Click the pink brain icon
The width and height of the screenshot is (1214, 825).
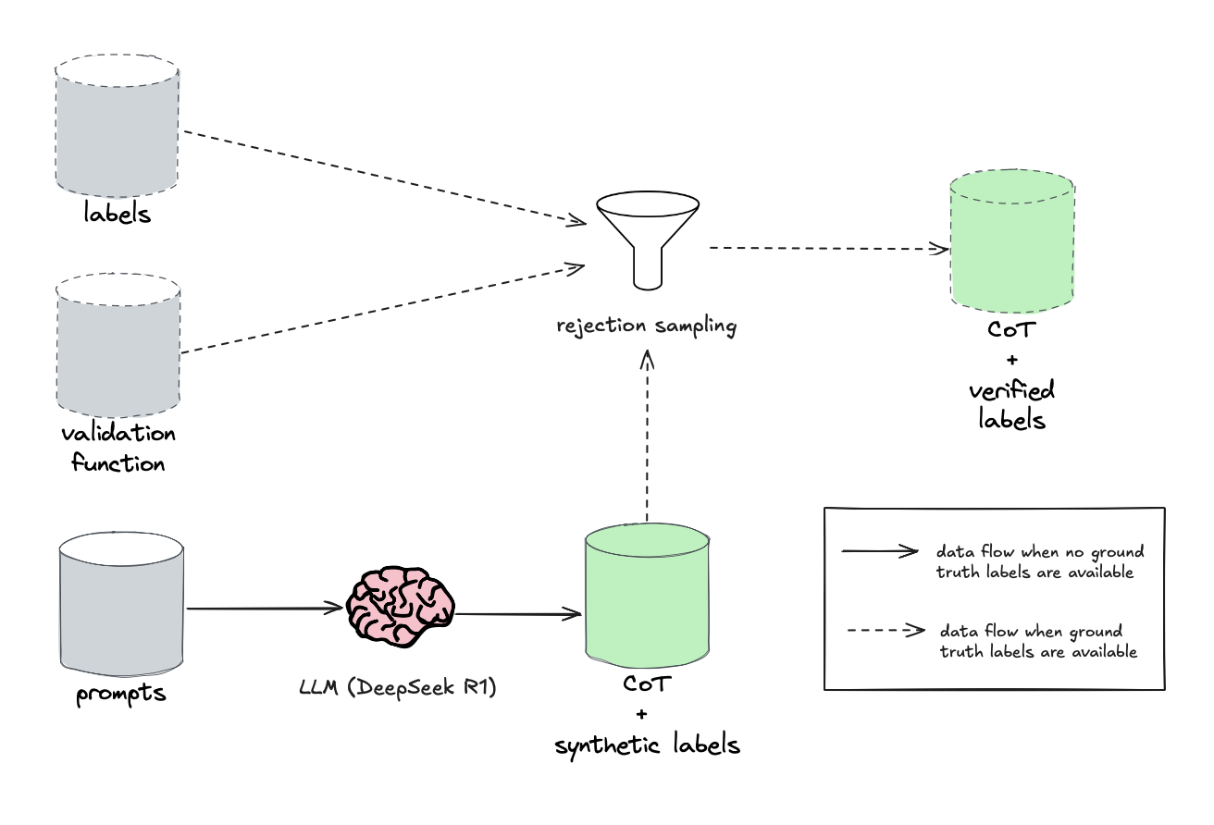(401, 607)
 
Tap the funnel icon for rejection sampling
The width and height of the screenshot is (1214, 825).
(648, 240)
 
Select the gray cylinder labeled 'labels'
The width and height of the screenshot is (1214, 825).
(117, 126)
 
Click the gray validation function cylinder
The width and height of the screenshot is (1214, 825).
(118, 345)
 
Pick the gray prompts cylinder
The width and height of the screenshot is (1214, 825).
(121, 604)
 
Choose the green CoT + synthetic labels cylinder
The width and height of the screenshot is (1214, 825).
(648, 596)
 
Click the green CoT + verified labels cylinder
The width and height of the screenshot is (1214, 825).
(1012, 241)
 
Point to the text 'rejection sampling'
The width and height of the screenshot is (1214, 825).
(647, 326)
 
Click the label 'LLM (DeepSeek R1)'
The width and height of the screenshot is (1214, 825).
(398, 687)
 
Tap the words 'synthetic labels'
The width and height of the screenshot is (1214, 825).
(648, 745)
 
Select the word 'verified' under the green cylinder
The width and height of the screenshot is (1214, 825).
(1012, 390)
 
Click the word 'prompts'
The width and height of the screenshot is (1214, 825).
(121, 694)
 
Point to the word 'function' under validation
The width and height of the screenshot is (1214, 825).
(118, 463)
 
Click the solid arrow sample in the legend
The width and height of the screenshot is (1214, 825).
(880, 551)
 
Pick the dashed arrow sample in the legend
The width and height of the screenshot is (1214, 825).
(886, 631)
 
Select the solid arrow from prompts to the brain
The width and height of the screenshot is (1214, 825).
(265, 609)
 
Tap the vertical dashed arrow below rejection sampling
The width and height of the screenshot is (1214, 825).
(647, 436)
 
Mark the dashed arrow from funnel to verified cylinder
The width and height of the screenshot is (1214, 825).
(830, 249)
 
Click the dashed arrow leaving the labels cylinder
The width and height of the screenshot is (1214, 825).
(385, 177)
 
